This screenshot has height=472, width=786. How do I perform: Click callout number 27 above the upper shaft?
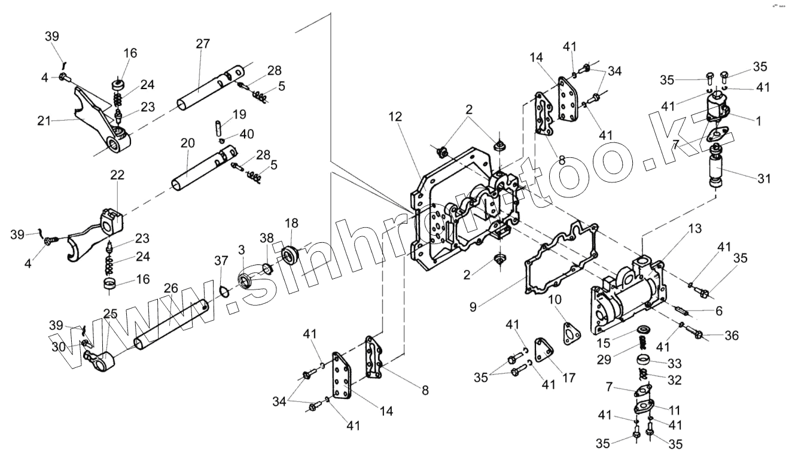203,43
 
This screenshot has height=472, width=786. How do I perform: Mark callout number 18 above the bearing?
291,224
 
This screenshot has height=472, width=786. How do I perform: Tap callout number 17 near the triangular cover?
569,378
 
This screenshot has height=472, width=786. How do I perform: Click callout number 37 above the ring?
222,261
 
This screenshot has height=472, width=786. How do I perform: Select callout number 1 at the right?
758,120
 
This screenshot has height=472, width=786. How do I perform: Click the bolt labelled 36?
698,333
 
